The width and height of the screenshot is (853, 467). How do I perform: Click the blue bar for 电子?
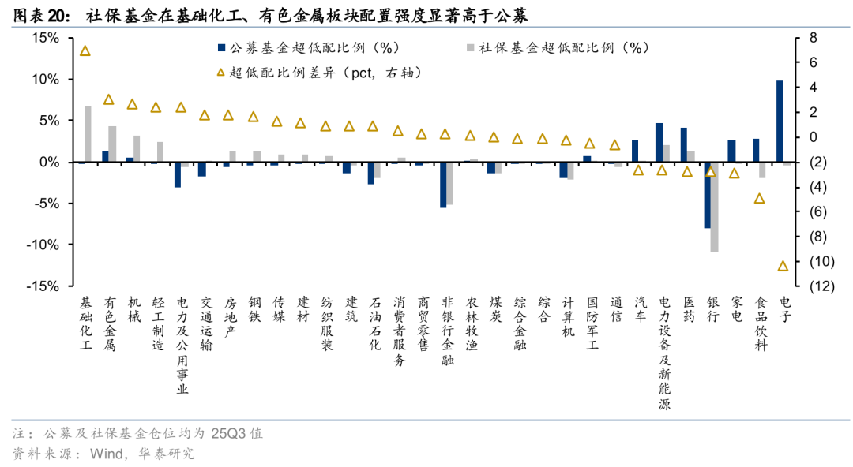[780, 121]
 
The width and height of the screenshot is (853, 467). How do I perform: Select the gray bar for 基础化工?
[88, 134]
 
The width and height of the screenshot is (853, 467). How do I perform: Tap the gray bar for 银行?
[715, 207]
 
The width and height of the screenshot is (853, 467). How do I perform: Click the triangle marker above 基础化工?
[85, 50]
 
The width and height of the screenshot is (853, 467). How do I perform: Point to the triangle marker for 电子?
[783, 266]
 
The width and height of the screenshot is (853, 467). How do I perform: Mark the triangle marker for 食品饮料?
[760, 198]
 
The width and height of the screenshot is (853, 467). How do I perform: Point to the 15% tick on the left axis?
[45, 38]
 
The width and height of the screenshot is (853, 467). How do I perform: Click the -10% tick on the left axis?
[43, 245]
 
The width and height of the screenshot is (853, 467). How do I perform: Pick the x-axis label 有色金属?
[109, 324]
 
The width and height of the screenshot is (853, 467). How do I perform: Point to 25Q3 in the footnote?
[228, 433]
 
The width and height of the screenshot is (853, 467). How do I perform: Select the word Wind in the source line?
[107, 454]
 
